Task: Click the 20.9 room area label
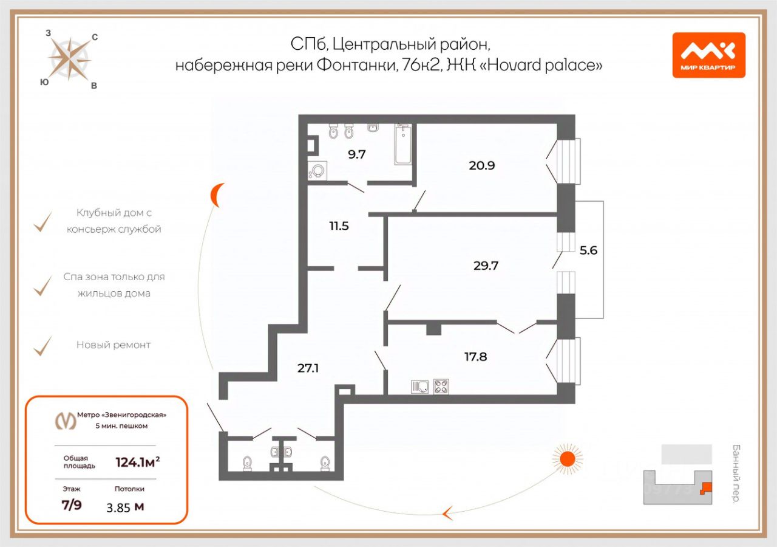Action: coord(482,165)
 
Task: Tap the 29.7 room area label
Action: coord(486,266)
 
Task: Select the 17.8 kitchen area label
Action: coord(476,357)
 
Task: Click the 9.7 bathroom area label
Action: coord(357,155)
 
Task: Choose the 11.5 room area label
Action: coord(339,225)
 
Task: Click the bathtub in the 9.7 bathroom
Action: coord(403,145)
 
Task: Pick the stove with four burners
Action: coord(441,387)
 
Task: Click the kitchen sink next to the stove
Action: coord(420,387)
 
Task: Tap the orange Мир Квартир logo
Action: coord(708,55)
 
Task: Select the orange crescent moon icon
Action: coord(217,195)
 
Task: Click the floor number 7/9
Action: coord(72,506)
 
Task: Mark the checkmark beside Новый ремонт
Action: coord(42,345)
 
